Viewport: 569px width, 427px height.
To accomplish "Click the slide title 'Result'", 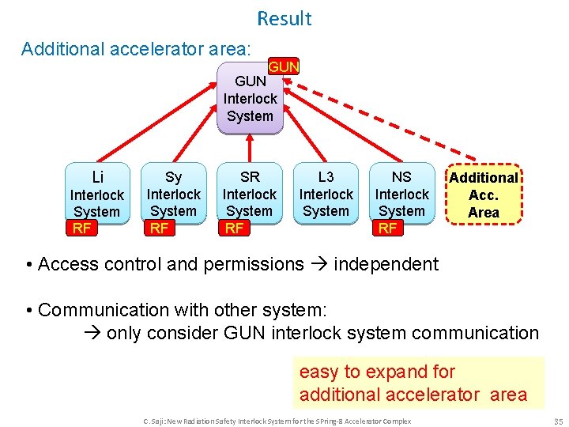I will tap(284, 18).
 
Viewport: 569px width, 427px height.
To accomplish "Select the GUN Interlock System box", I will tap(250, 100).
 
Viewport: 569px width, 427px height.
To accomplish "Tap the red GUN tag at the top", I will tap(284, 67).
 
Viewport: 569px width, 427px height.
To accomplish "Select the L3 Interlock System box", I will tap(326, 195).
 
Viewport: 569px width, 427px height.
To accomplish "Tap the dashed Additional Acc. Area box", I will tap(483, 195).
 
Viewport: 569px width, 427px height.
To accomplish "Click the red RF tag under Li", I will tap(81, 229).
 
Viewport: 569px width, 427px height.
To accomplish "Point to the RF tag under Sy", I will tap(159, 229).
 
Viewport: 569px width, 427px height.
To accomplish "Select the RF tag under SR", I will tap(234, 229).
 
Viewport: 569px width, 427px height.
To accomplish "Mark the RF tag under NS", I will tap(386, 229).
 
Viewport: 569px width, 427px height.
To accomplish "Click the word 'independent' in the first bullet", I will tap(386, 264).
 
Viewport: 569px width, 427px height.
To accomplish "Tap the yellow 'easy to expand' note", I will tap(418, 383).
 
